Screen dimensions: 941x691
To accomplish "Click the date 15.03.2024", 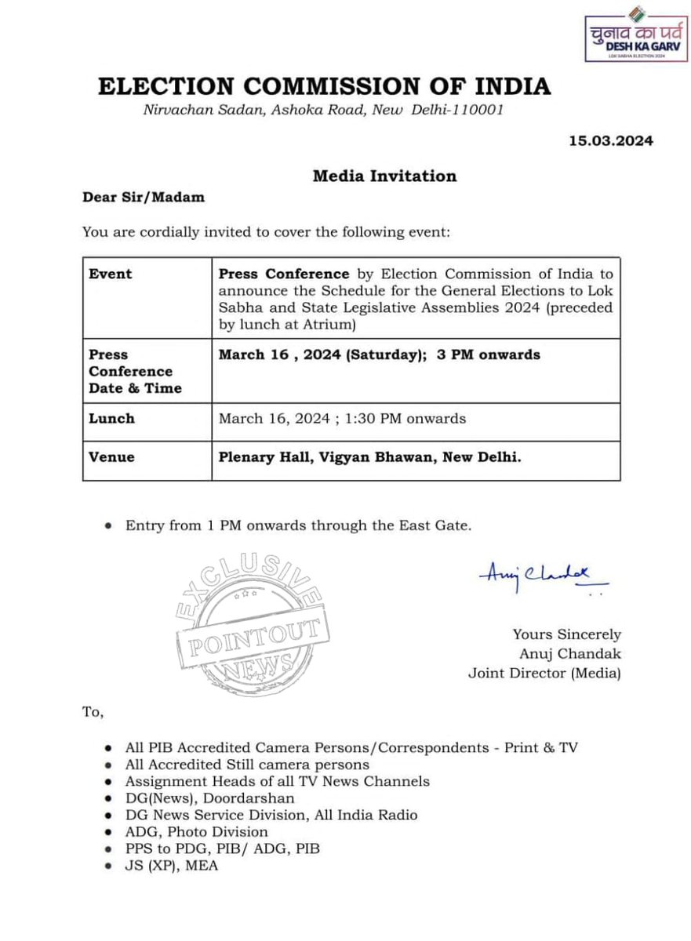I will [610, 141].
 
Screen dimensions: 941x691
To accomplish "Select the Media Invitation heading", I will [384, 176].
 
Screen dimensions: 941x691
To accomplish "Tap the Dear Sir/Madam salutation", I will [144, 197].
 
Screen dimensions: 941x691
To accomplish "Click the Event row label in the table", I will [111, 274].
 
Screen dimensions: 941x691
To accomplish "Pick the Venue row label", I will [111, 456].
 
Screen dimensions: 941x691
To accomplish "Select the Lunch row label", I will [111, 418].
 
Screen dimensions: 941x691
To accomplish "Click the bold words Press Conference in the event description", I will [284, 274].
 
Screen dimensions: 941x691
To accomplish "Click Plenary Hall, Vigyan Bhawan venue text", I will [369, 456].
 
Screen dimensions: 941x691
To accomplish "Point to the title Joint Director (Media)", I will [544, 672].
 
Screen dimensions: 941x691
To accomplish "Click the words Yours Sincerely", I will [566, 634].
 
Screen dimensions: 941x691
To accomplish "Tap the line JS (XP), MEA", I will [172, 866].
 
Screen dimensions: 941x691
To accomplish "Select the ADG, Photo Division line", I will [196, 831].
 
